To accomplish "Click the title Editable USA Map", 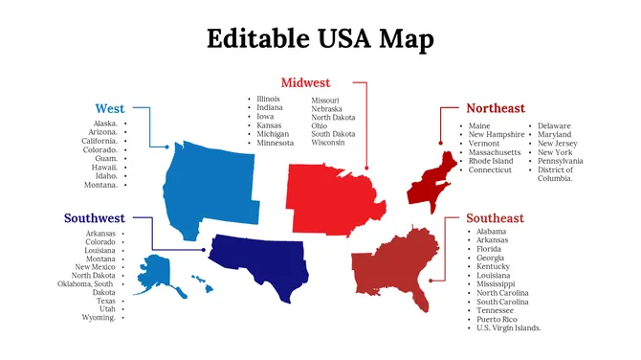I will [x=320, y=38].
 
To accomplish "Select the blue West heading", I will [x=110, y=109].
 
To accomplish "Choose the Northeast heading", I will [x=496, y=109].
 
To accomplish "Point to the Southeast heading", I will [x=495, y=218].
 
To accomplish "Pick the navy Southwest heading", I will [x=95, y=218].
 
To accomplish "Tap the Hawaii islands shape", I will [x=200, y=282].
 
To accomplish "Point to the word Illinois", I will [x=269, y=100].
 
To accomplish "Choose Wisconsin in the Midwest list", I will [x=329, y=144].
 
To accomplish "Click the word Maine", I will [x=479, y=125].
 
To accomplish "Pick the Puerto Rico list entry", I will [x=497, y=319].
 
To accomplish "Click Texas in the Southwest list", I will [x=106, y=301].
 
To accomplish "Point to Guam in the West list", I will [x=106, y=158].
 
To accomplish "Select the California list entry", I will [x=99, y=141].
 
